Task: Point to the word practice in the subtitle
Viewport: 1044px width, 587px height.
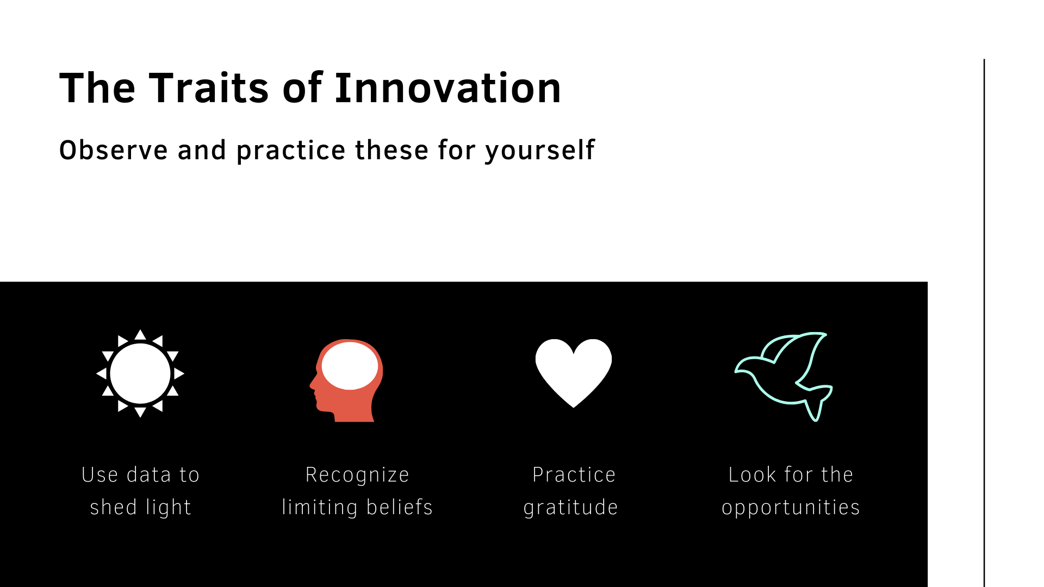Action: point(291,151)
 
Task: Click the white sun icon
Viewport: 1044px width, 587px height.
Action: point(140,373)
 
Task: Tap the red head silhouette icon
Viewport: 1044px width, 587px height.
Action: point(346,380)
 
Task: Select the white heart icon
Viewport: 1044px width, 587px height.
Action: point(574,373)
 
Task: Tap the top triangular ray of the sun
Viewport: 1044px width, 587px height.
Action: point(140,334)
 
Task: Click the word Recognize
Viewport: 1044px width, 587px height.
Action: point(357,475)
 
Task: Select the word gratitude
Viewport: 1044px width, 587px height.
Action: point(571,508)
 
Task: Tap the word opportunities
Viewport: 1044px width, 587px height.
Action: point(791,508)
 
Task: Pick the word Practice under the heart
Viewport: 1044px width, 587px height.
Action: point(574,474)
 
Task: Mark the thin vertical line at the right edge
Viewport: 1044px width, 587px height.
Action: point(984,323)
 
